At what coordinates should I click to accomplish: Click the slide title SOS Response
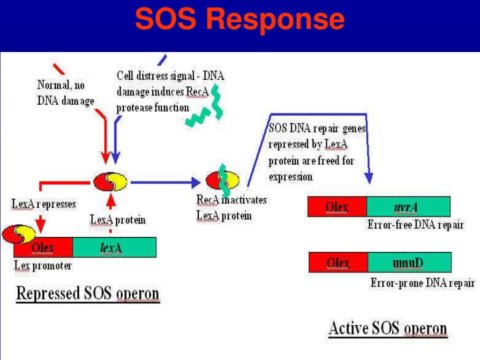240,20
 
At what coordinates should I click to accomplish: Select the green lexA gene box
114,247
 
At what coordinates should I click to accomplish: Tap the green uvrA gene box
408,206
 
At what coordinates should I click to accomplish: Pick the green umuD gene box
409,262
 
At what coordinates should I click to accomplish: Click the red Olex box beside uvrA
337,206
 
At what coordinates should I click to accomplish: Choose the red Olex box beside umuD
338,262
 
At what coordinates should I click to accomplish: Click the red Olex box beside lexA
43,247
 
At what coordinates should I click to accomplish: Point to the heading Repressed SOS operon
88,294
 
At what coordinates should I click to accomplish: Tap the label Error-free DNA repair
415,225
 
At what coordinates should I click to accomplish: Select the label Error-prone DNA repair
422,283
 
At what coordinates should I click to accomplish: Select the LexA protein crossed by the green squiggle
222,181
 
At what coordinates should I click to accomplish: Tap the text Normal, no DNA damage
66,93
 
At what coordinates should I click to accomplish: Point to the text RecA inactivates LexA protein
231,208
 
